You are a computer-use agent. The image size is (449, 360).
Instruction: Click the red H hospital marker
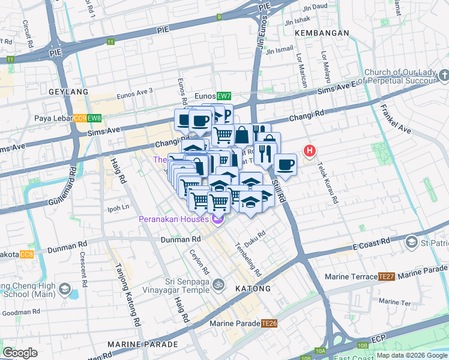(310, 151)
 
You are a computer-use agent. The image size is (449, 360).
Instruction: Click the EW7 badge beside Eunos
(224, 96)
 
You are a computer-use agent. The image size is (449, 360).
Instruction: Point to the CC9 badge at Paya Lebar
(80, 119)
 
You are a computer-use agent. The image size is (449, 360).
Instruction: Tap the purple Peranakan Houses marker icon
(217, 220)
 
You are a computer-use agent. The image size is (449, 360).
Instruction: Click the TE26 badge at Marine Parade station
(269, 323)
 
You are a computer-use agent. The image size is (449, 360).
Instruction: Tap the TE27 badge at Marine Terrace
(386, 277)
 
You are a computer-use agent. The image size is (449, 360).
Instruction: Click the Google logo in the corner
(20, 353)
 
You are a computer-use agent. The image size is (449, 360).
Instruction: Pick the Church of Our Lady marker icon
(444, 76)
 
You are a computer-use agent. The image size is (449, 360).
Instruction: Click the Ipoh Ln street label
(118, 207)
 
